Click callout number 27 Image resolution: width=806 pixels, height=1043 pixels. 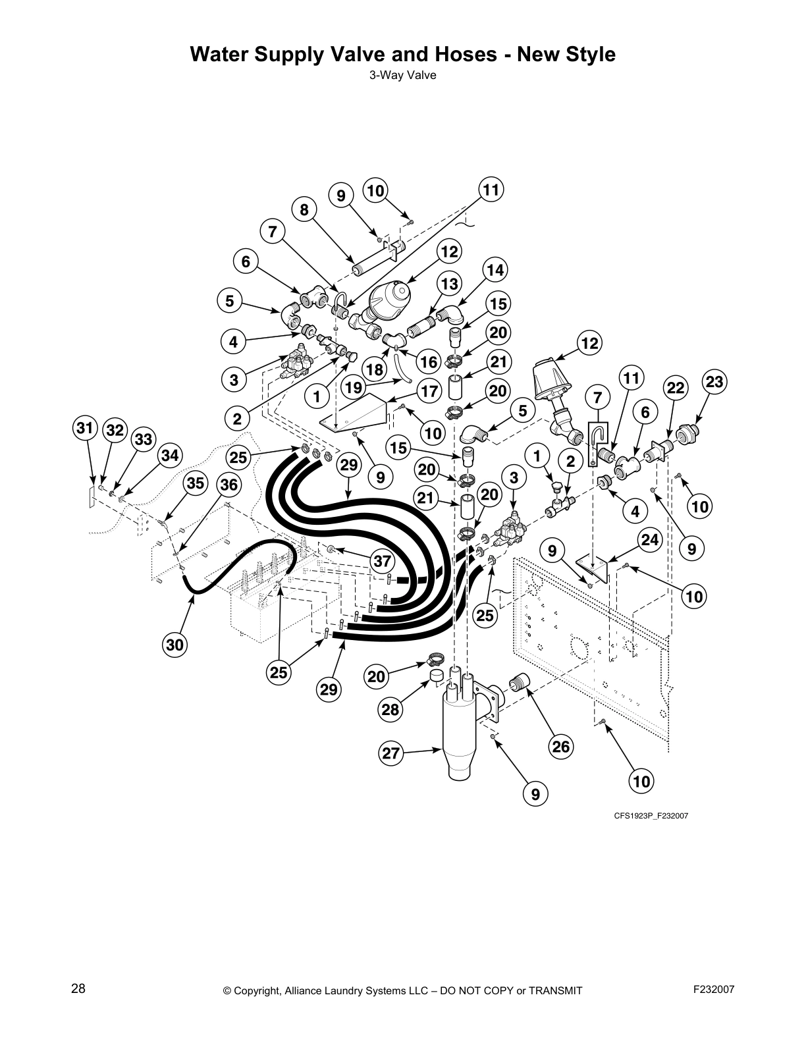(391, 753)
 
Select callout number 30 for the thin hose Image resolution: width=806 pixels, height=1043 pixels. (175, 645)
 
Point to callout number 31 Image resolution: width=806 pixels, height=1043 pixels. (84, 428)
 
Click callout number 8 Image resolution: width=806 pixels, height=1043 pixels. (304, 209)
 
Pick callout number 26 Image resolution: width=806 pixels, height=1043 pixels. (561, 746)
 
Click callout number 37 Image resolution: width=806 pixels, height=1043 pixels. (383, 561)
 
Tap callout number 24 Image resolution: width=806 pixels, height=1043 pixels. (650, 539)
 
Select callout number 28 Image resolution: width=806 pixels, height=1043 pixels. (390, 709)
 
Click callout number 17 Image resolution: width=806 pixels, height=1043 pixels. (429, 392)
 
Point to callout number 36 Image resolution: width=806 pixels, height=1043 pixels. (228, 485)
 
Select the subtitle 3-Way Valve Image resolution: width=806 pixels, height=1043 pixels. (402, 75)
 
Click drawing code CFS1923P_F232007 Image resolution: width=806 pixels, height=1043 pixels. (651, 815)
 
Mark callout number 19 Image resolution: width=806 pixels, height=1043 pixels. (354, 387)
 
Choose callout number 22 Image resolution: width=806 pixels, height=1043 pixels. (675, 388)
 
